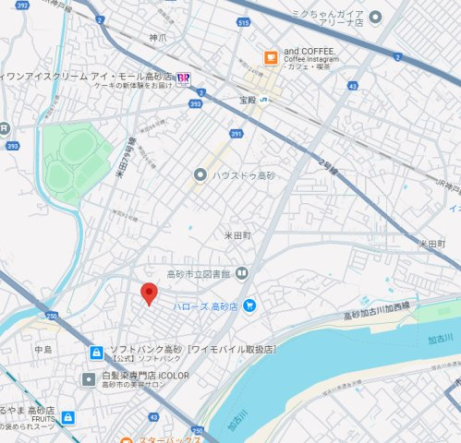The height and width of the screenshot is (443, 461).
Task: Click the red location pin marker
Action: pyautogui.click(x=148, y=294)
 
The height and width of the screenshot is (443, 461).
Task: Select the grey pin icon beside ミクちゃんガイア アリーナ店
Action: pyautogui.click(x=375, y=17)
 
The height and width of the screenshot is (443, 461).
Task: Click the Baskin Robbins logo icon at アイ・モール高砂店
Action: pyautogui.click(x=185, y=78)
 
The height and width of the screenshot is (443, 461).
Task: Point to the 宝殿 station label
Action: pyautogui.click(x=246, y=100)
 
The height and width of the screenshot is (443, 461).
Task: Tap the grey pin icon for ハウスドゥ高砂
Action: pyautogui.click(x=200, y=174)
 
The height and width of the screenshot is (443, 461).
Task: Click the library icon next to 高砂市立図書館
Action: pyautogui.click(x=241, y=272)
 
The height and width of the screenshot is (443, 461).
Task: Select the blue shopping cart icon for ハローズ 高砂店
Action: pyautogui.click(x=249, y=305)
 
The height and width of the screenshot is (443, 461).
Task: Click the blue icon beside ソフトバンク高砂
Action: pyautogui.click(x=96, y=352)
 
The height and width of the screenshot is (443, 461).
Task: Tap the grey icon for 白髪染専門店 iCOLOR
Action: pyautogui.click(x=89, y=378)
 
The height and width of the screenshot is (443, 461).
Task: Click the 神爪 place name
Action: pyautogui.click(x=157, y=38)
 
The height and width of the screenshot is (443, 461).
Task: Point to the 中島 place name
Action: pyautogui.click(x=43, y=350)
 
